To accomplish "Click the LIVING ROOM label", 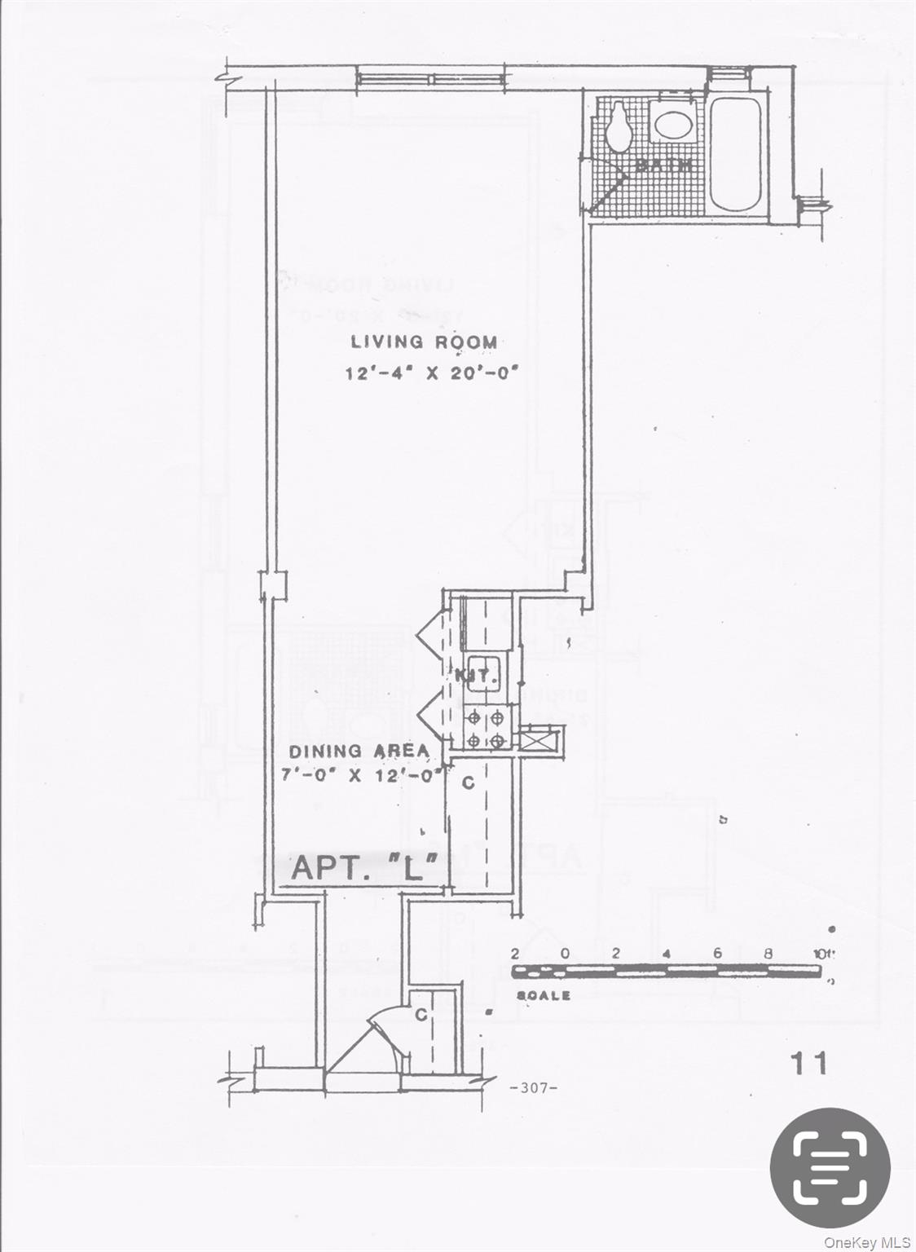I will (424, 342).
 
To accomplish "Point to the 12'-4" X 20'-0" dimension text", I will (432, 373).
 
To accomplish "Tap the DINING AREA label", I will (359, 752).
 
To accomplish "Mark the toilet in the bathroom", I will (619, 126).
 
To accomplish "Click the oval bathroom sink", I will (673, 126).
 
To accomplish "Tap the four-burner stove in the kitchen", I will (486, 729).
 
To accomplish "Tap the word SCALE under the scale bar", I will (544, 996).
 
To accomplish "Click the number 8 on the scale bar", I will (768, 954).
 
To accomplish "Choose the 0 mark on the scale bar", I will (565, 954).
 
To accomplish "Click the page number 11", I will (808, 1063).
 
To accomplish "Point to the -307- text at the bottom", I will (532, 1087).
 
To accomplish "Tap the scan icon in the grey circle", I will (830, 1168).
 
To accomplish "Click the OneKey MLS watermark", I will (866, 1242).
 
